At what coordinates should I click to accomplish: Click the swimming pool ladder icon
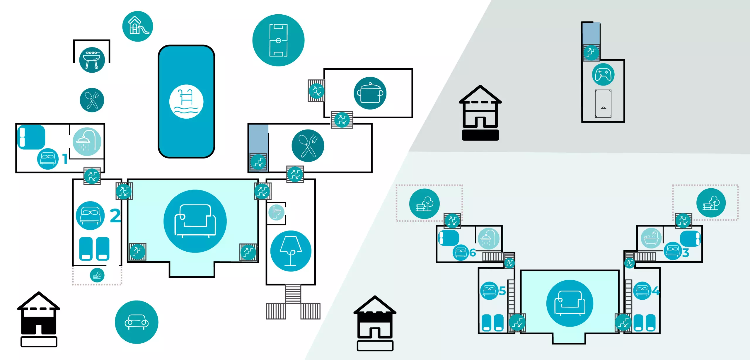(186, 102)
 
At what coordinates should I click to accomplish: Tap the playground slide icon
(137, 26)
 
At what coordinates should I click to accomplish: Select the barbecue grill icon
(92, 60)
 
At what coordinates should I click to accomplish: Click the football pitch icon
(278, 40)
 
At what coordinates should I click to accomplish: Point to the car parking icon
(137, 322)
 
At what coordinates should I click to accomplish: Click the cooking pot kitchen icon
(370, 93)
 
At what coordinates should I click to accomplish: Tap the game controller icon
(603, 74)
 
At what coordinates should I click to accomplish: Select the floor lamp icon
(291, 251)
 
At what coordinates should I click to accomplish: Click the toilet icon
(276, 212)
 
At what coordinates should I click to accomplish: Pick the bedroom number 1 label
(65, 159)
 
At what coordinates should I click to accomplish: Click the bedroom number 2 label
(115, 216)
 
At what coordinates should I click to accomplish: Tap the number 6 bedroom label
(473, 252)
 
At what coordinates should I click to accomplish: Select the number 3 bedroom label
(686, 253)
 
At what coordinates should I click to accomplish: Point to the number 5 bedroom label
(502, 291)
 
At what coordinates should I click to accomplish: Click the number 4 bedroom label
(656, 291)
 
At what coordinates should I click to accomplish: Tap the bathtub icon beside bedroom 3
(651, 238)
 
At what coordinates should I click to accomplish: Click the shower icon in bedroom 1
(87, 142)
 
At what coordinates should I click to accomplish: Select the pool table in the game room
(603, 104)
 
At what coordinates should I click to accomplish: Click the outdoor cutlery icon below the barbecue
(92, 100)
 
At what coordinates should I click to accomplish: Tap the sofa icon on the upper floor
(570, 303)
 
